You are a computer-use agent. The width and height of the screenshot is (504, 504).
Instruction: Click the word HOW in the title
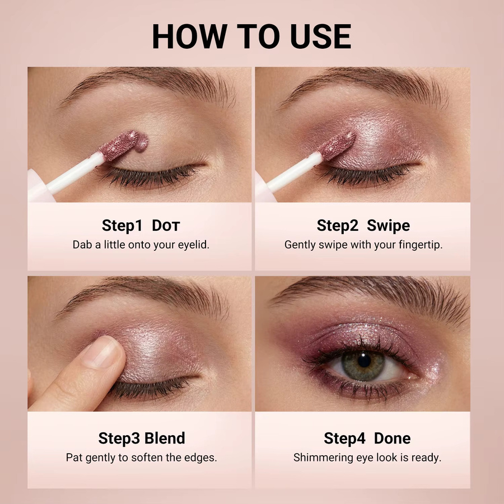[190, 36]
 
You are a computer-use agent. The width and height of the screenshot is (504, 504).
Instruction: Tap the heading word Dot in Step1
[166, 226]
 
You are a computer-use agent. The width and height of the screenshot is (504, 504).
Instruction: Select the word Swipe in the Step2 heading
[388, 226]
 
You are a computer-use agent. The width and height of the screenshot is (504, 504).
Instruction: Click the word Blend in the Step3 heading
[165, 438]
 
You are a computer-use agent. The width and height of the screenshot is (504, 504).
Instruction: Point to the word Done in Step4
[392, 438]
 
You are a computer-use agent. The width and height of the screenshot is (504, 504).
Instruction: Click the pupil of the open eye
[364, 361]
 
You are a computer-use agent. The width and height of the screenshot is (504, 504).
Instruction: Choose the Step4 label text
[344, 438]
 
